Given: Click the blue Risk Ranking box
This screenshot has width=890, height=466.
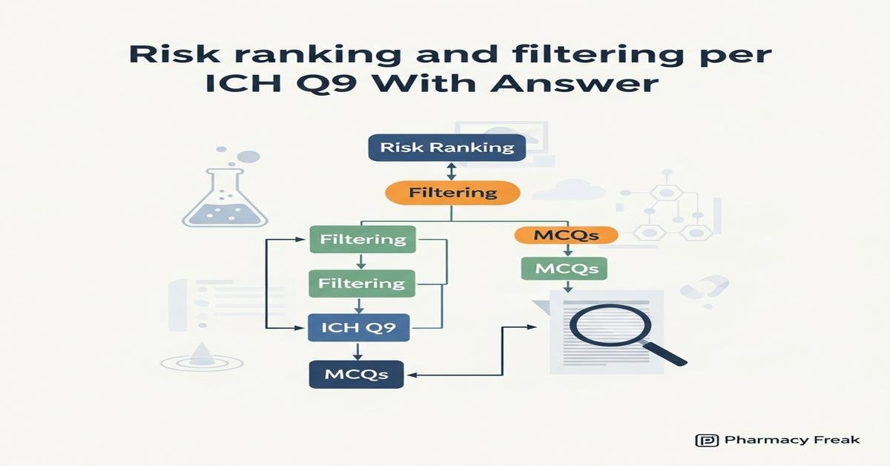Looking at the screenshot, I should pos(446,147).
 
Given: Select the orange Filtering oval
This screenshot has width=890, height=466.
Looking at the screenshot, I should pos(452,192).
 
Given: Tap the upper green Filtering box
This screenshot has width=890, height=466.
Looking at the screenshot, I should pos(363,239).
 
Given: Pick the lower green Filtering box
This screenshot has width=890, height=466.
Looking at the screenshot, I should pos(362,283).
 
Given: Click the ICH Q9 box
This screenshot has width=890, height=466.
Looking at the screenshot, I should pos(359,327).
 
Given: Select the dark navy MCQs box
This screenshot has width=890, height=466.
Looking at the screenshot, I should pos(356,373).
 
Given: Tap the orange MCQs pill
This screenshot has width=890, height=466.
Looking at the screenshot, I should pos(566,236).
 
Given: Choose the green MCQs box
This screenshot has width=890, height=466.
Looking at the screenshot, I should pos(566,268).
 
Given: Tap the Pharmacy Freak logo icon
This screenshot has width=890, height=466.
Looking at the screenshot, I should pos(707,440).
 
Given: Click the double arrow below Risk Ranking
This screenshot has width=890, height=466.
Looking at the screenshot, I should pos(449,171).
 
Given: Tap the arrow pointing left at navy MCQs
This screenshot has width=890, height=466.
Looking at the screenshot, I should pos(415,375).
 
